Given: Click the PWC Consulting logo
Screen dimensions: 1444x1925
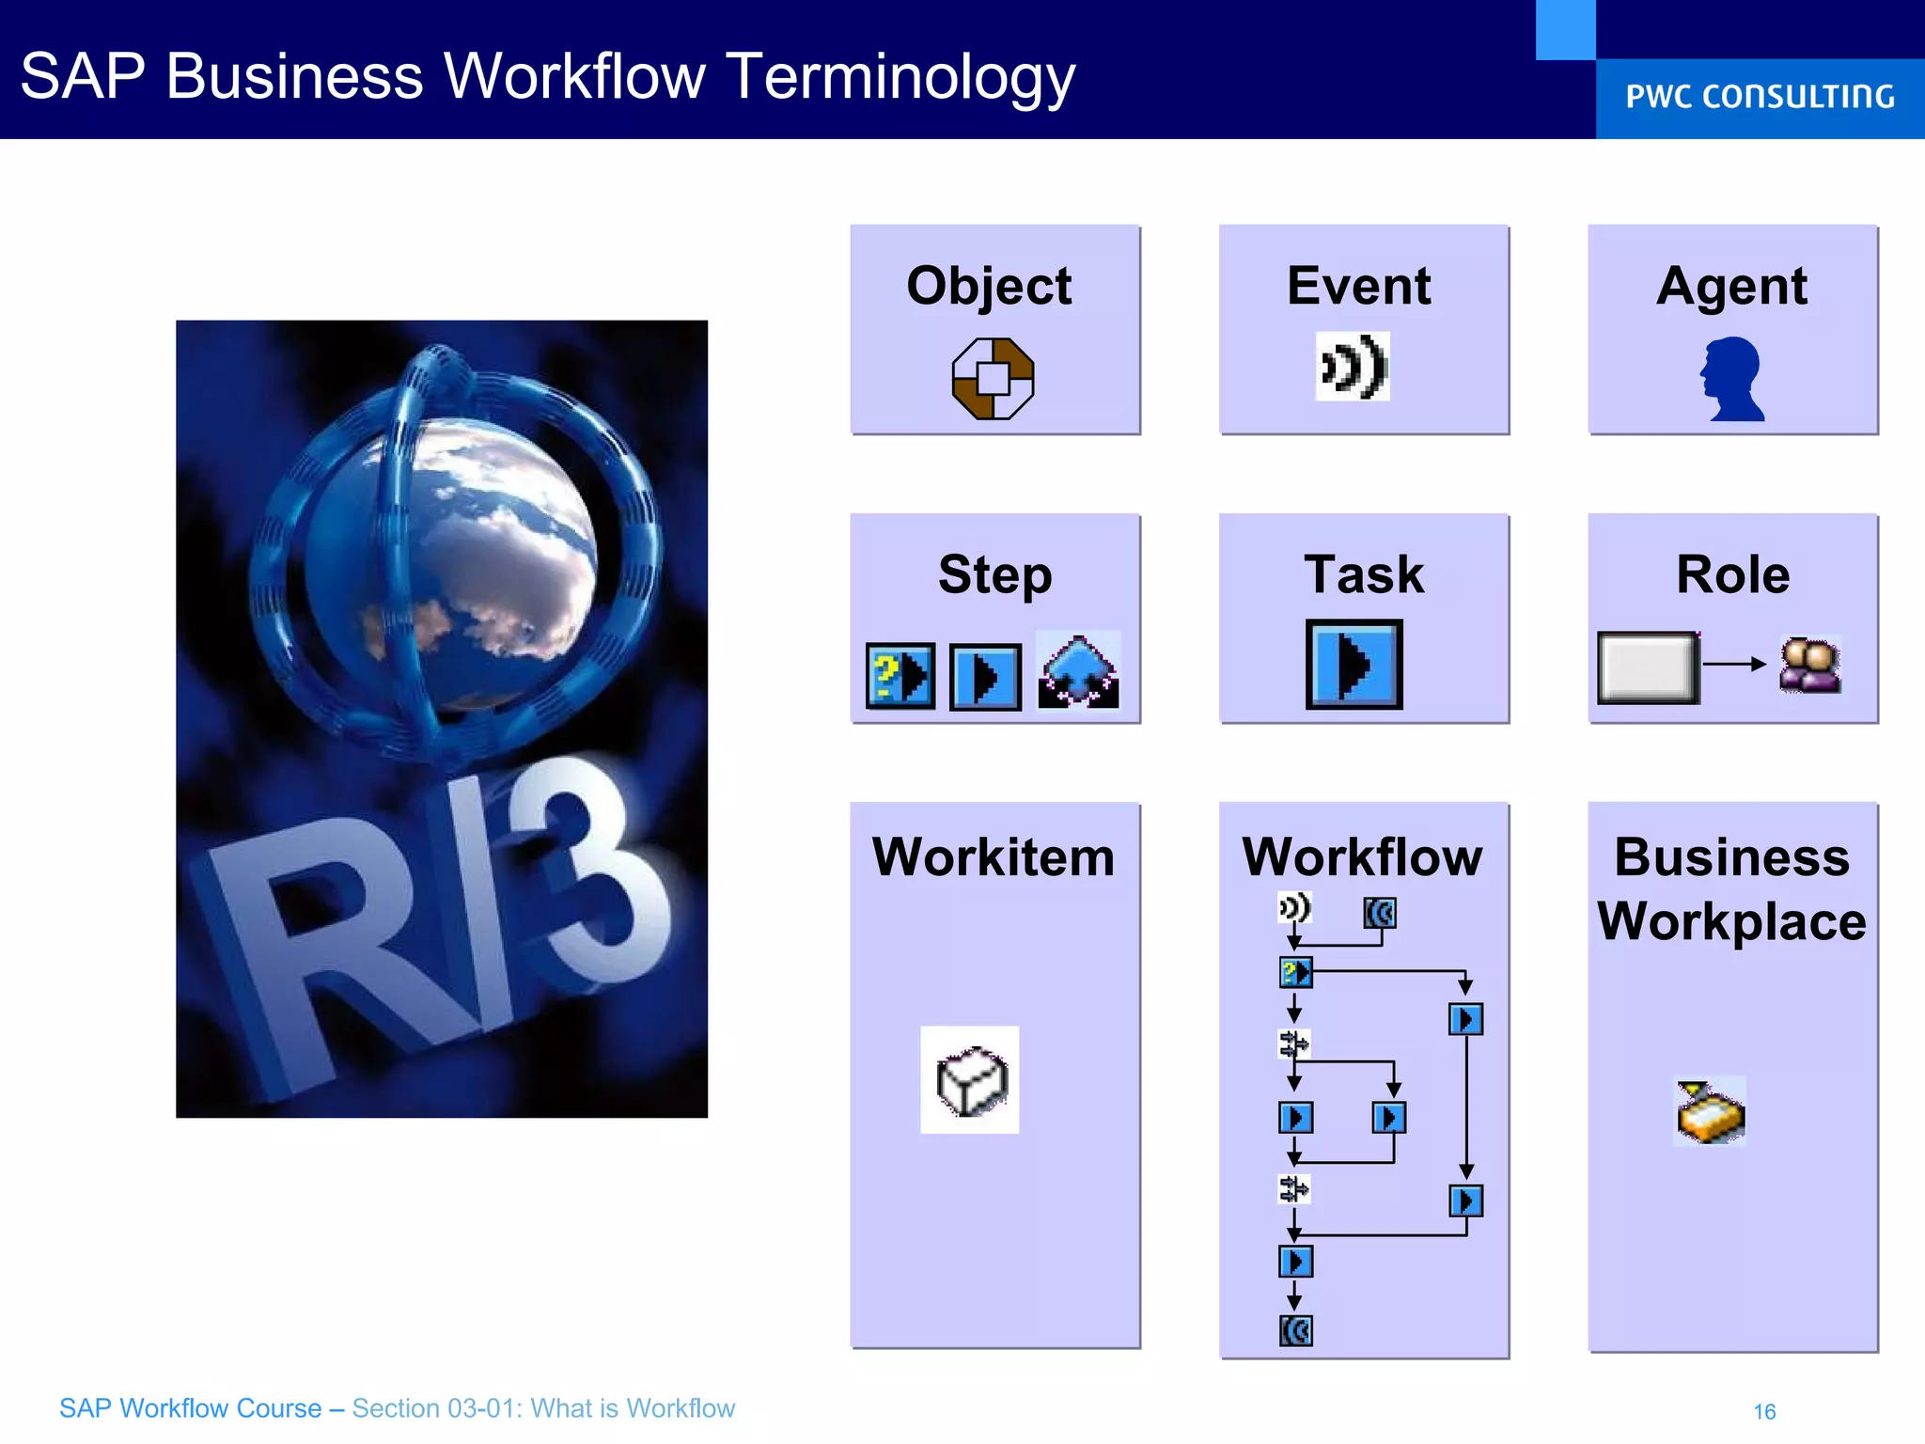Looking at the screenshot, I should pos(1759,96).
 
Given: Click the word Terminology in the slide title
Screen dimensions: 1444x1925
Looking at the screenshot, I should pos(900,77).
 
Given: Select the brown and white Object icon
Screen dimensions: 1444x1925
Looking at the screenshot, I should pos(993,378).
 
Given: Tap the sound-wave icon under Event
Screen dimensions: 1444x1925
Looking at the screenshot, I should pos(1353,367).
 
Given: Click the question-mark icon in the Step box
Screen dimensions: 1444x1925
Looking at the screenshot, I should pos(900,676).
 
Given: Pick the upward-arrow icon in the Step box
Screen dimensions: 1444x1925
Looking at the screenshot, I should pos(1078,671).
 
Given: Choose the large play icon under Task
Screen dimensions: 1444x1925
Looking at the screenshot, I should pos(1354,665).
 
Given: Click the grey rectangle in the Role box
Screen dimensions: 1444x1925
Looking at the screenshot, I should pos(1648,667).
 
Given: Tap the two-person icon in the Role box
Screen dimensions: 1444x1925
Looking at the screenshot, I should pos(1809,665).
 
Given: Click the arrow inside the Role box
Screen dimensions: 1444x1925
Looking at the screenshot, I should pos(1734,664).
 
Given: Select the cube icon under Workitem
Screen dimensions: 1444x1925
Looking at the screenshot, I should pos(971,1080).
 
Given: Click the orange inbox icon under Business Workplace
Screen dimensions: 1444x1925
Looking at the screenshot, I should pos(1710,1112).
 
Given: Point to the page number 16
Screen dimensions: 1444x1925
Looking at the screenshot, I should pos(1764,1411).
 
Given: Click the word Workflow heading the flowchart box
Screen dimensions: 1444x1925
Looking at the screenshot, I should pos(1362,857).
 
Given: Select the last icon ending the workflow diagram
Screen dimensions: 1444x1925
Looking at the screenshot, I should pos(1295,1331).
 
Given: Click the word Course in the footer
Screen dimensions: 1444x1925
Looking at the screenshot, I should pos(278,1408).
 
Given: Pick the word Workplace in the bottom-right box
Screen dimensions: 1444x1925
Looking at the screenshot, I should pos(1731,921).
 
